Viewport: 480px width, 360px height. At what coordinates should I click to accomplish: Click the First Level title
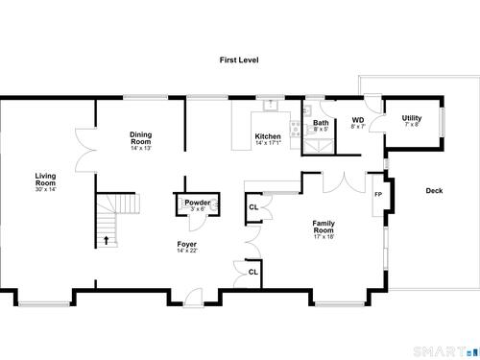pyautogui.click(x=239, y=60)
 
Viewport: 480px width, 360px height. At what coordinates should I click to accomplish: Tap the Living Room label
pyautogui.click(x=45, y=180)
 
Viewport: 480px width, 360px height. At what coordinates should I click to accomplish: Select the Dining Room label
pyautogui.click(x=141, y=138)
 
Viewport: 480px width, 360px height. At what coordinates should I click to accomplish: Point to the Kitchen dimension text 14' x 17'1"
pyautogui.click(x=268, y=143)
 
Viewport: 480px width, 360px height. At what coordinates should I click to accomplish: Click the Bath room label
pyautogui.click(x=321, y=123)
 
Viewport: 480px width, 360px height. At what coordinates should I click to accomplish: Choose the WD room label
pyautogui.click(x=358, y=120)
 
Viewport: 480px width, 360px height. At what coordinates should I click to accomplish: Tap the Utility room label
pyautogui.click(x=412, y=118)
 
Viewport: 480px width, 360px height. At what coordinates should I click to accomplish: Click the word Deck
pyautogui.click(x=434, y=191)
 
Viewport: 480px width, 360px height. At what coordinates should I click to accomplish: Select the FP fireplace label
pyautogui.click(x=378, y=194)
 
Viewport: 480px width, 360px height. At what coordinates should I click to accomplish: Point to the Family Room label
pyautogui.click(x=324, y=227)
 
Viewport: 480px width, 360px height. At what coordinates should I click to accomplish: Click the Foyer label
pyautogui.click(x=187, y=244)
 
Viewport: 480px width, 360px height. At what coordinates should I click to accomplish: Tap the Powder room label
pyautogui.click(x=198, y=203)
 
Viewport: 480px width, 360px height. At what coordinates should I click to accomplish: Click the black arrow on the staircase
pyautogui.click(x=107, y=240)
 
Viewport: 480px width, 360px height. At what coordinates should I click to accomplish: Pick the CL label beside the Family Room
pyautogui.click(x=253, y=207)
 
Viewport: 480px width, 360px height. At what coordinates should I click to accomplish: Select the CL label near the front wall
pyautogui.click(x=253, y=272)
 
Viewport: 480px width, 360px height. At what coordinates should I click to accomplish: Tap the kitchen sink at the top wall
pyautogui.click(x=271, y=105)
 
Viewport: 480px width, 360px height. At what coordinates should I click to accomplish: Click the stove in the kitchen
pyautogui.click(x=295, y=129)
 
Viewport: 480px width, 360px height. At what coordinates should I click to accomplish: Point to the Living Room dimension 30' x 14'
pyautogui.click(x=46, y=189)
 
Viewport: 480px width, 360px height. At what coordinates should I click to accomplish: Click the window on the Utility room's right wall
pyautogui.click(x=443, y=123)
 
